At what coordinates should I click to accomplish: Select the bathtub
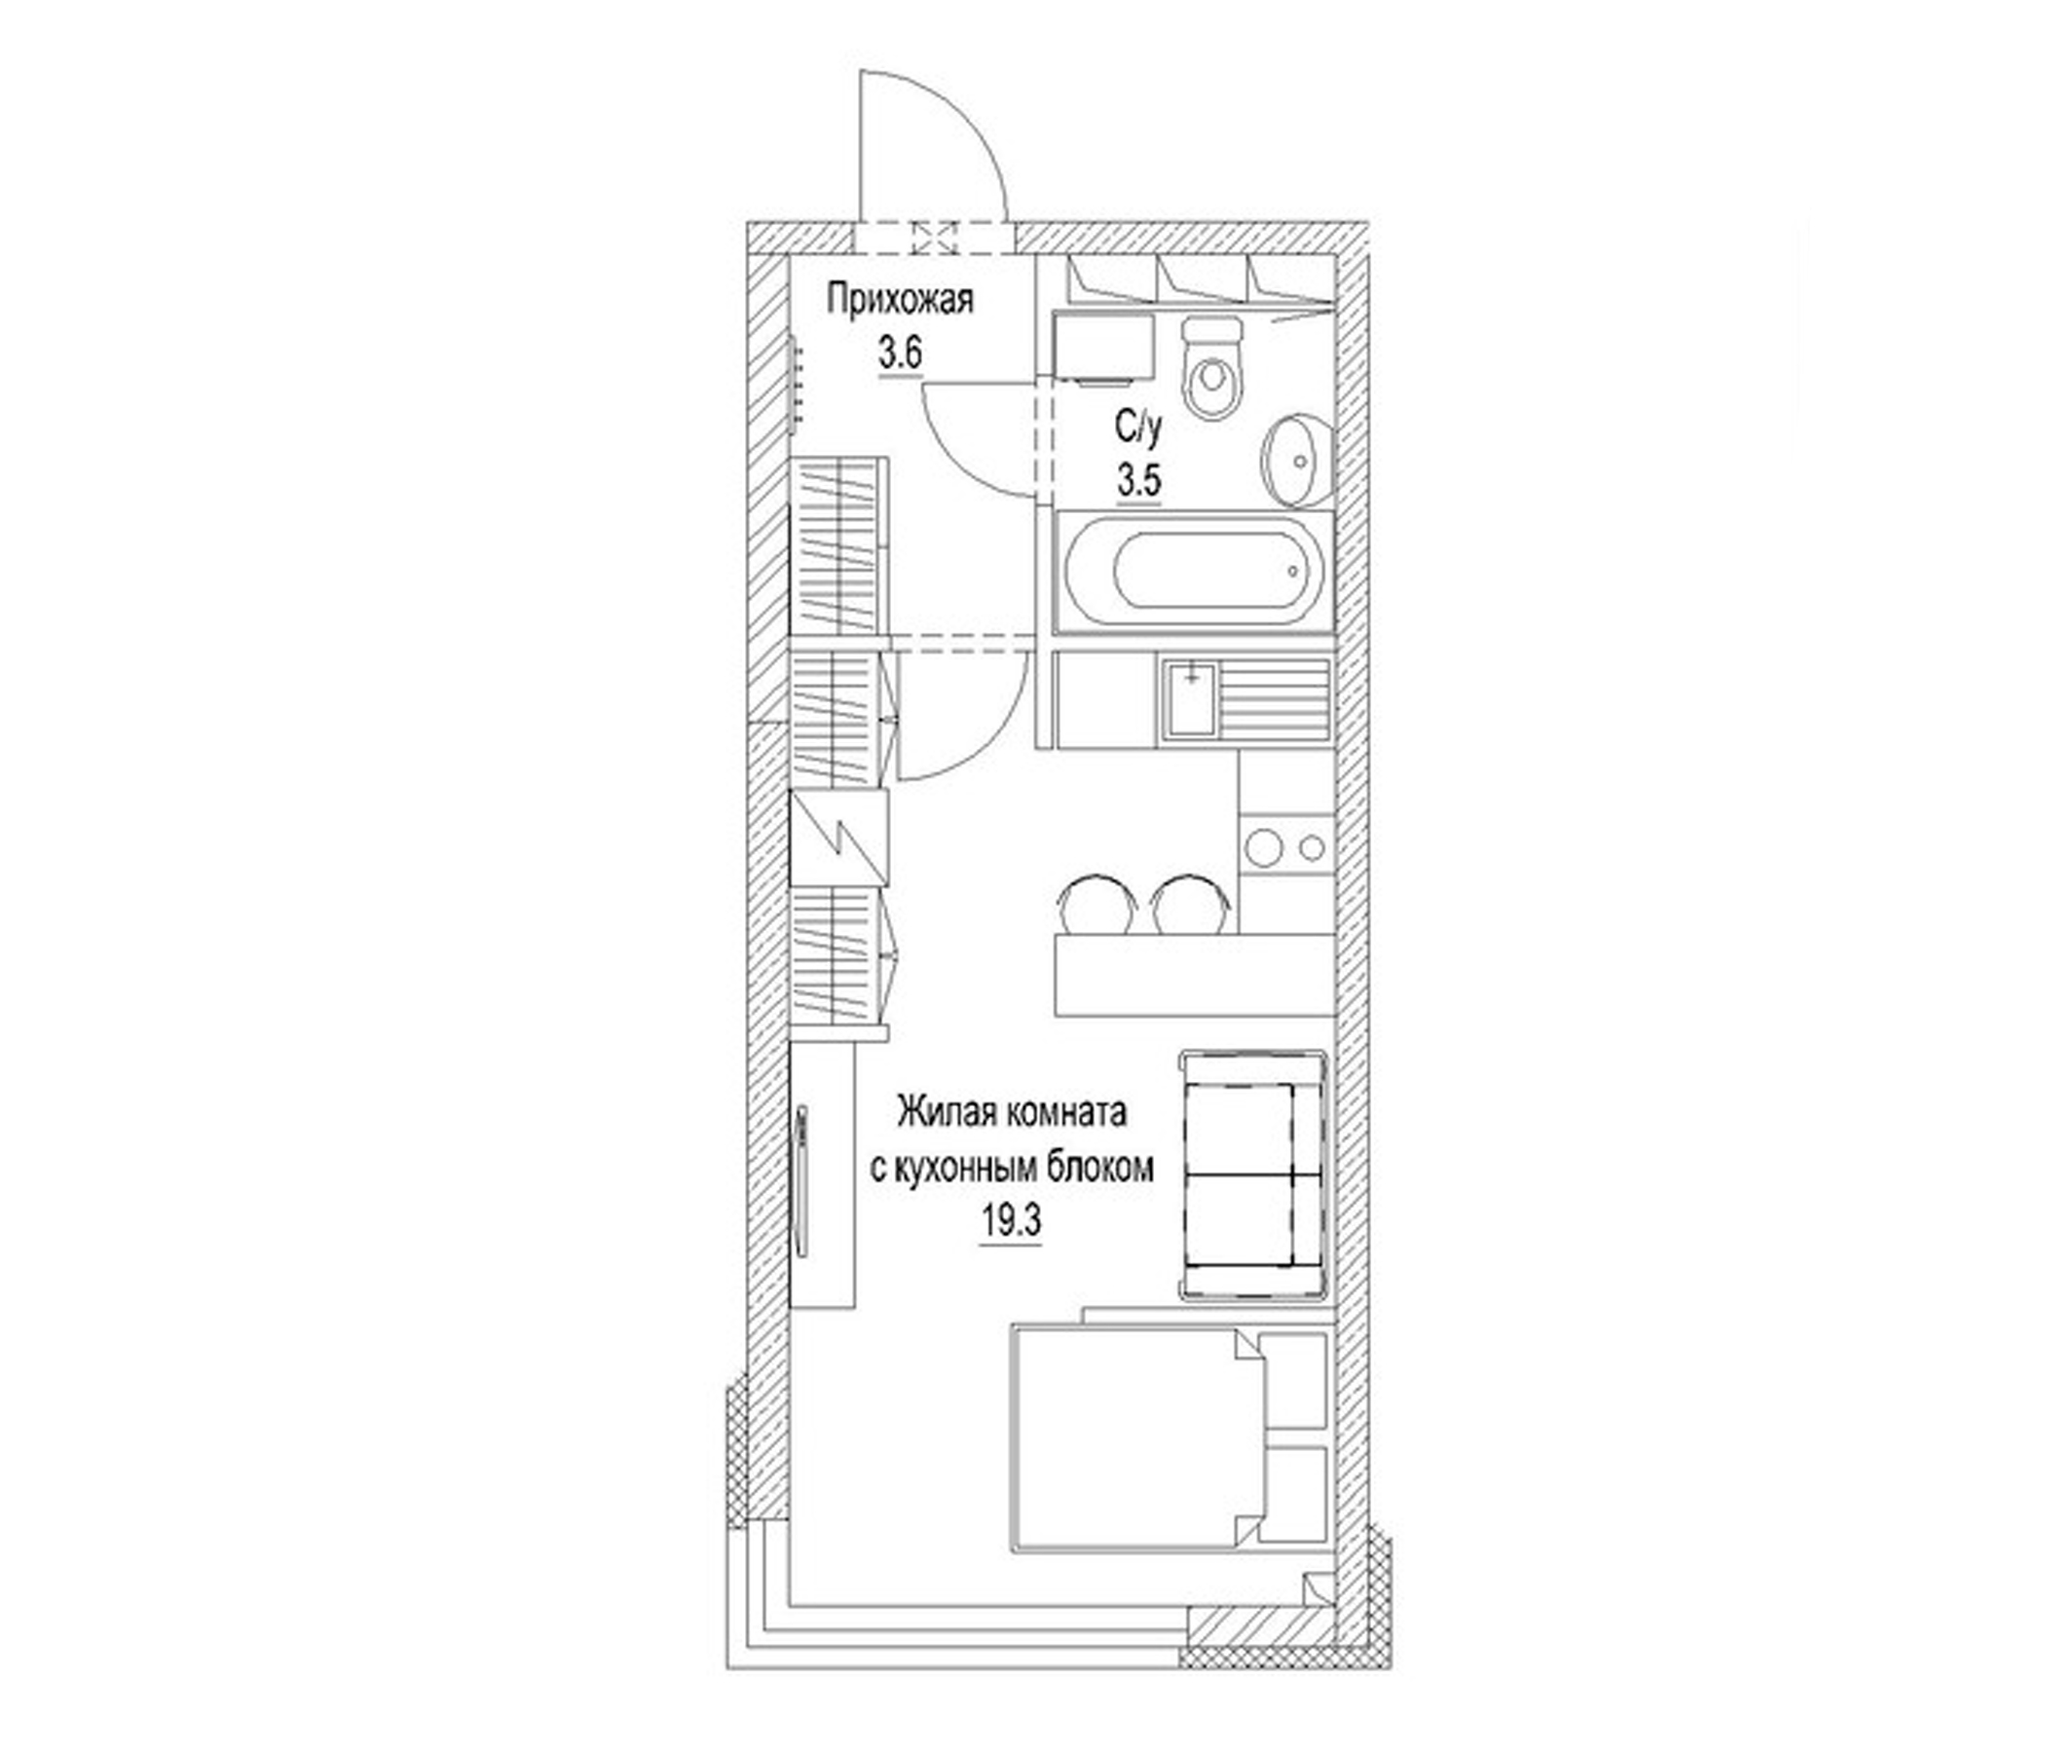(x=1192, y=573)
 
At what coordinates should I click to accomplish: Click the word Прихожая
(x=900, y=300)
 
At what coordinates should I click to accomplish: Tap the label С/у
(x=1139, y=429)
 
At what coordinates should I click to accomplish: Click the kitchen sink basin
(x=1192, y=700)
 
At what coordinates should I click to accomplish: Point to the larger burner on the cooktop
(x=1262, y=846)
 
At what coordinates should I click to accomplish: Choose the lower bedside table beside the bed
(x=1294, y=1492)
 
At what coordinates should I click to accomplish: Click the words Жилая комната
(x=1011, y=1112)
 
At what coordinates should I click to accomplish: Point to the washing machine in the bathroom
(x=1104, y=346)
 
